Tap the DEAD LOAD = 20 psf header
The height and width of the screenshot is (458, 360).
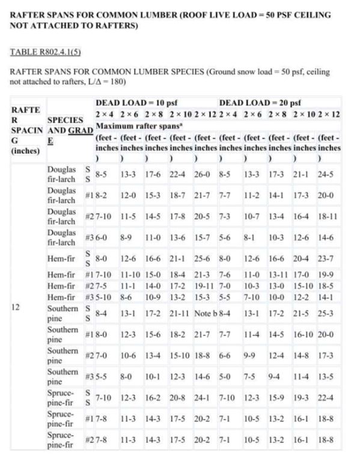click(x=260, y=103)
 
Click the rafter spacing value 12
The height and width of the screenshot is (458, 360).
click(x=16, y=306)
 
